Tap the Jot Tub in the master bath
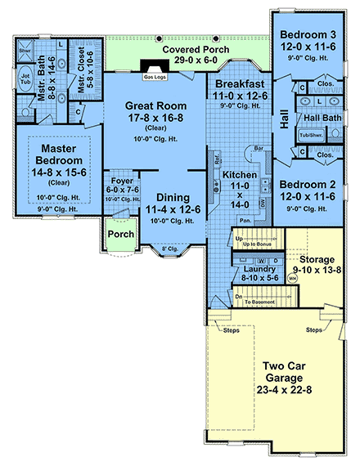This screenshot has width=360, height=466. click(24, 78)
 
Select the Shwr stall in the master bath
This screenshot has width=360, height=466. click(25, 50)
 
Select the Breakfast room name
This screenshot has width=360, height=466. click(241, 84)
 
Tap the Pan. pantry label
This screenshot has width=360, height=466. click(245, 221)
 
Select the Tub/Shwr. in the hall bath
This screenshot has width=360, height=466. click(310, 136)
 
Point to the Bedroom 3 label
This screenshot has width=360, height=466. click(307, 35)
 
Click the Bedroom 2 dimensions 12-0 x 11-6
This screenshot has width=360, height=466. click(308, 195)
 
